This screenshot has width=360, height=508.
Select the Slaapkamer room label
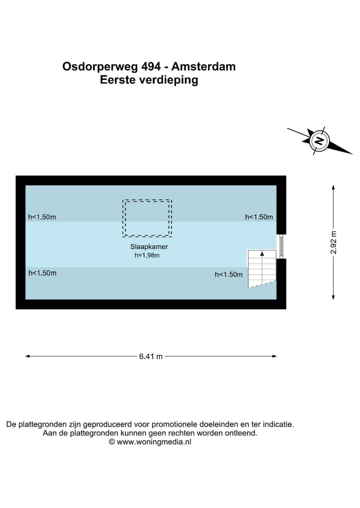149,247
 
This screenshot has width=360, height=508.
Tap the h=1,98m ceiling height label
147,255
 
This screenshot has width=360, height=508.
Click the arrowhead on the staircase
262,254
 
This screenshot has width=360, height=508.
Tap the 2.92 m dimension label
333,242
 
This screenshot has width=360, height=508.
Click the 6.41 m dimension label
151,356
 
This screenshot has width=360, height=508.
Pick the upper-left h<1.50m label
42,217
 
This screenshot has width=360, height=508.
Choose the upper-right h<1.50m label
259,217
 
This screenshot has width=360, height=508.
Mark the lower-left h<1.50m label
42,273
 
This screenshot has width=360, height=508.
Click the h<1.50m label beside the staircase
228,274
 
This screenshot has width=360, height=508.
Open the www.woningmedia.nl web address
154,442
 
